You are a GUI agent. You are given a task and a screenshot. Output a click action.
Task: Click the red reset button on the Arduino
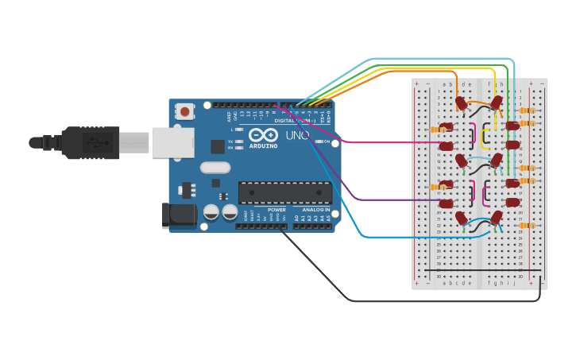coord(185,111)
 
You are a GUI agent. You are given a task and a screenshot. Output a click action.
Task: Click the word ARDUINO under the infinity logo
coord(264,146)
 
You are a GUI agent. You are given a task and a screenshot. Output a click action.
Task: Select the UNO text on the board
coord(297,136)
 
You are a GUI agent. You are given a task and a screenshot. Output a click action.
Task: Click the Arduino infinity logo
coord(263,135)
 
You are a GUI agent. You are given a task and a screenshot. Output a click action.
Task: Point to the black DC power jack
coord(179,215)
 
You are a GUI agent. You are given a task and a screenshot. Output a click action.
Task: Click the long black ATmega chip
coord(285,193)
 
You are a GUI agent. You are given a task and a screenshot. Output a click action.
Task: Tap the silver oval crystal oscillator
coord(215,168)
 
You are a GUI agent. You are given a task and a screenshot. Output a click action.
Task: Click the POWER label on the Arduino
coord(276,210)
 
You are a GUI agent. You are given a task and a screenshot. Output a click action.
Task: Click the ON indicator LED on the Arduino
coord(316,141)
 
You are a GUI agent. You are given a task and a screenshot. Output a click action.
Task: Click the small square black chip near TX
coord(217,146)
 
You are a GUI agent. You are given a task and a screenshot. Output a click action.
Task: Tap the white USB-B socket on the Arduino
coord(172,143)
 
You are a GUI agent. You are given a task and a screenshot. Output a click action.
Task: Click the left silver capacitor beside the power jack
coord(211,212)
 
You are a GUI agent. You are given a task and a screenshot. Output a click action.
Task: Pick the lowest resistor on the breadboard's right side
coord(527,226)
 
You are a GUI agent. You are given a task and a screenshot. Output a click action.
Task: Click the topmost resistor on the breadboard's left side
coord(438,129)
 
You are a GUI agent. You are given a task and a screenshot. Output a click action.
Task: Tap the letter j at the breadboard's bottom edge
coord(513,282)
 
